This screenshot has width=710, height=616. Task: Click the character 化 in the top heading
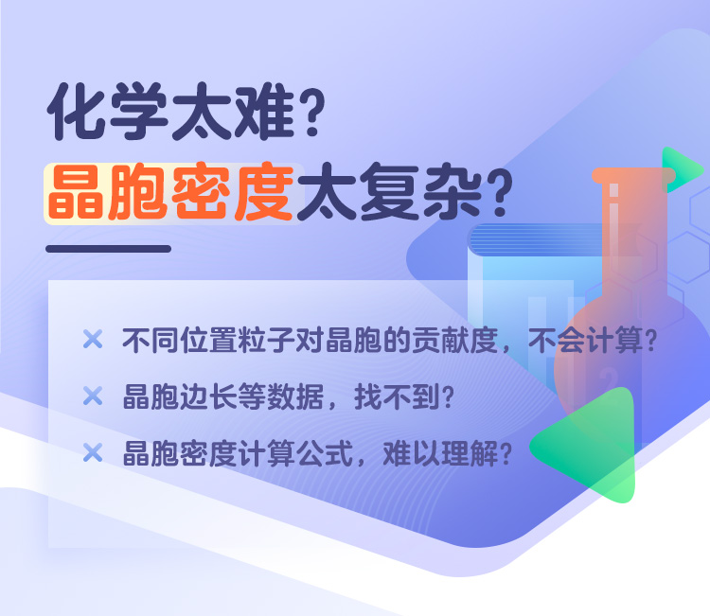tap(76, 111)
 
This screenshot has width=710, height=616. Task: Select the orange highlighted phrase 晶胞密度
tap(171, 192)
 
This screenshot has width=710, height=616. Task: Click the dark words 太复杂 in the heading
tap(390, 192)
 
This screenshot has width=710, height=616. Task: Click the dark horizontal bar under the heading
tap(108, 249)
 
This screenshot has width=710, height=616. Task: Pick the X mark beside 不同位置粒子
tap(93, 339)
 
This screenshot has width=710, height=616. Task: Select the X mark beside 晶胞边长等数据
tap(93, 396)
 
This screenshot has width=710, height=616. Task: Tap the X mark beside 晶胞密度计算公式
tap(93, 452)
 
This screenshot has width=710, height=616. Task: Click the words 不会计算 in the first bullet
tap(585, 341)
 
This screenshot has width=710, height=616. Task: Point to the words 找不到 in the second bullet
tap(397, 396)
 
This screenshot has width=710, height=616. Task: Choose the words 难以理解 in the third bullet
tap(440, 453)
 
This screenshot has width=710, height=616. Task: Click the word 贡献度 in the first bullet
tap(454, 341)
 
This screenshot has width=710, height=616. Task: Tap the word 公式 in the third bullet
tap(325, 453)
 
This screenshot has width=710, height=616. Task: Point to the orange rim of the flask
tap(633, 176)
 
